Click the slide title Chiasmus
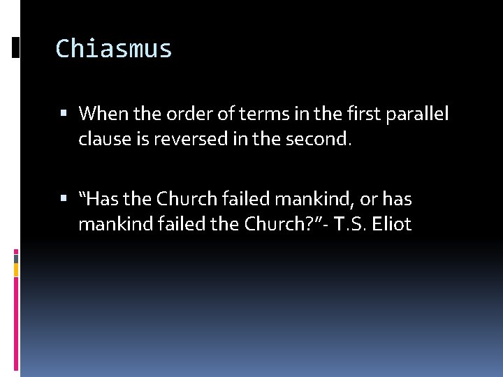(x=113, y=49)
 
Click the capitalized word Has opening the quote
(x=102, y=200)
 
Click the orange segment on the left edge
(x=16, y=268)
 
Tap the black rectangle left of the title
(x=15, y=47)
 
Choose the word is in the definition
(x=140, y=140)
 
